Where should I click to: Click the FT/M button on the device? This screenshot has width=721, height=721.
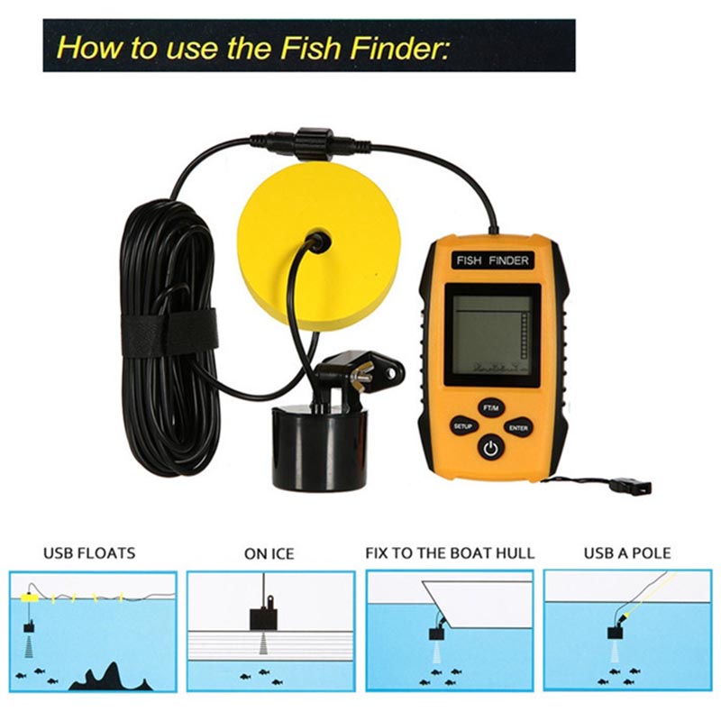click(x=490, y=408)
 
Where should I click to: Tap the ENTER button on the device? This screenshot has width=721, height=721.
click(x=518, y=428)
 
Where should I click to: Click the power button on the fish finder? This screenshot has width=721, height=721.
click(x=490, y=447)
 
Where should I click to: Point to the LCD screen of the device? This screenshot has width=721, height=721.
click(x=492, y=335)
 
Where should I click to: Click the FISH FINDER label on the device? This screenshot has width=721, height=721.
click(x=492, y=260)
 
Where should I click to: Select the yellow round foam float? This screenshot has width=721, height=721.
click(x=319, y=249)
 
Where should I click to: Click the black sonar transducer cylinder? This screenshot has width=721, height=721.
click(x=320, y=446)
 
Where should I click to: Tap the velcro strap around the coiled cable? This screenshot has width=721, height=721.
click(x=169, y=331)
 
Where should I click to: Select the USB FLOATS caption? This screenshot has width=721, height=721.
click(x=89, y=552)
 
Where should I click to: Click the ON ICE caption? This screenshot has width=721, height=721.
click(x=269, y=553)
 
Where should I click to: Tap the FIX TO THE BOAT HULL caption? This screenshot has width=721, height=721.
click(x=450, y=552)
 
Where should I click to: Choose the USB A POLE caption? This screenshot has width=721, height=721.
click(x=627, y=552)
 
